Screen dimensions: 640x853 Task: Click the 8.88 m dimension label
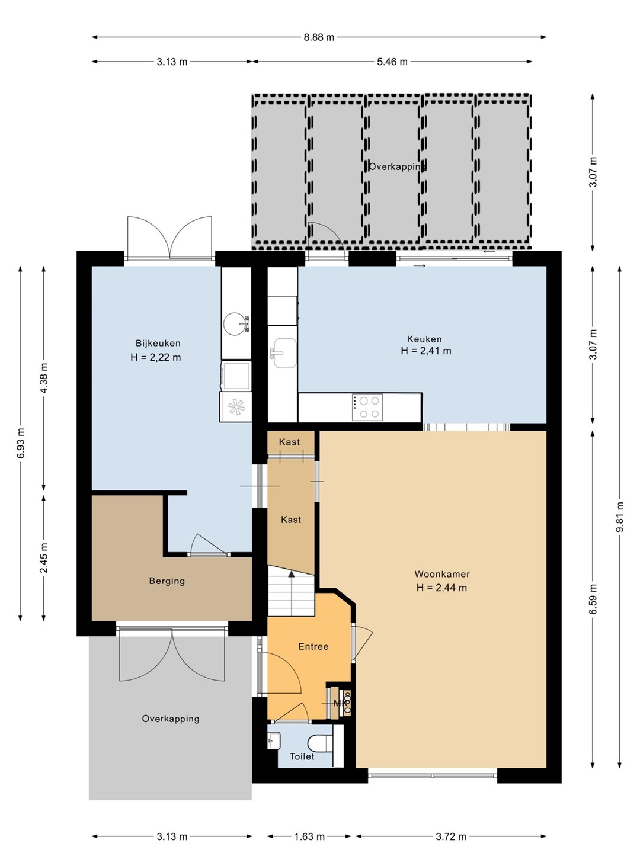pos(319,37)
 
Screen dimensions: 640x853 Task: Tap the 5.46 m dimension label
pos(392,62)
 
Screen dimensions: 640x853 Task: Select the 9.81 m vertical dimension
pos(620,517)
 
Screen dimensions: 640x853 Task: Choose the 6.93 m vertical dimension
pos(21,443)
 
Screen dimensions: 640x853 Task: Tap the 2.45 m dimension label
pos(43,557)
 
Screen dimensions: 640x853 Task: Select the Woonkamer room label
pos(442,574)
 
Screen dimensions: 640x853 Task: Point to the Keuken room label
pos(424,339)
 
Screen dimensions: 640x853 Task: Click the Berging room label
pos(167,581)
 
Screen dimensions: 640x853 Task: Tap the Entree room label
pos(313,647)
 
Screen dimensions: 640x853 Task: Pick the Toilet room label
pos(302,756)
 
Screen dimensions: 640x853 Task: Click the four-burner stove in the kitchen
pos(367,407)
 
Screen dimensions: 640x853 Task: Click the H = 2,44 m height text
pos(442,588)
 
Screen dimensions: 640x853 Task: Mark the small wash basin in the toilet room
pos(274,740)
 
